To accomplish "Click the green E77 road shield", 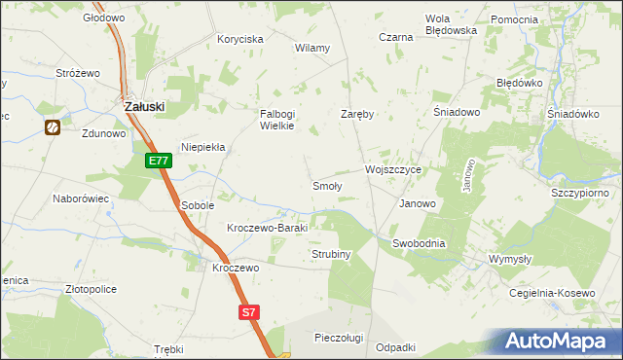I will pyautogui.click(x=161, y=162).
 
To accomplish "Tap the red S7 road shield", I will pyautogui.click(x=249, y=312).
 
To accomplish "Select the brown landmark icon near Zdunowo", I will pyautogui.click(x=52, y=126).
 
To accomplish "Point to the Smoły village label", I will pyautogui.click(x=325, y=185).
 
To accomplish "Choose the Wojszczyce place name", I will pyautogui.click(x=392, y=168).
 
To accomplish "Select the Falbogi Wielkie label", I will pyautogui.click(x=275, y=120).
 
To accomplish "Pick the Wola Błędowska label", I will pyautogui.click(x=451, y=24).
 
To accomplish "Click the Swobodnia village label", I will pyautogui.click(x=419, y=243).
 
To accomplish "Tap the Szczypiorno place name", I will pyautogui.click(x=580, y=193).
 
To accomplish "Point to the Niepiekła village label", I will pyautogui.click(x=203, y=147).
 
